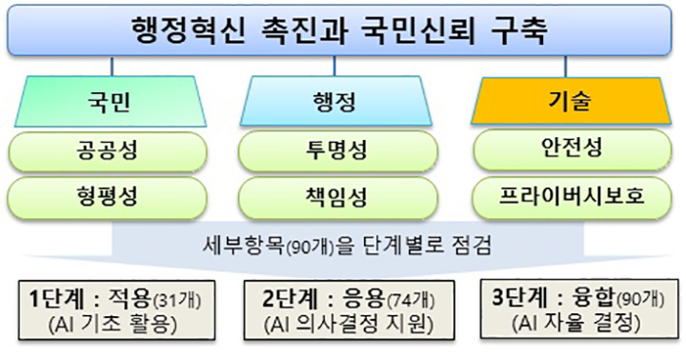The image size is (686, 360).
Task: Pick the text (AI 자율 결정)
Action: pos(572,325)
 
